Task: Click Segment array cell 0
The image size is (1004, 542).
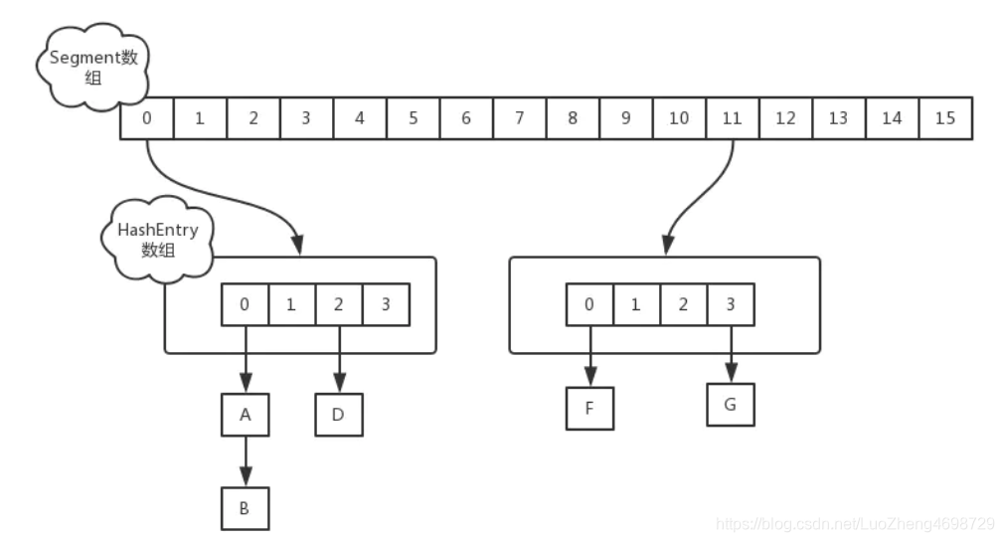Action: click(x=147, y=118)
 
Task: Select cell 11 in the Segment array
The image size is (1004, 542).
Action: click(x=733, y=118)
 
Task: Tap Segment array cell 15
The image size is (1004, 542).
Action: click(x=945, y=118)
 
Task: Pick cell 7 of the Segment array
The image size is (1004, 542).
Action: click(x=519, y=118)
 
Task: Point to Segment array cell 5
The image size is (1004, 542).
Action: click(x=413, y=118)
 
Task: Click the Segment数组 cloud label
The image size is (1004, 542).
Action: click(x=93, y=67)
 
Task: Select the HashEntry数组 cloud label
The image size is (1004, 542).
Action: click(x=157, y=239)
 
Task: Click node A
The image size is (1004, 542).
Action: click(x=246, y=415)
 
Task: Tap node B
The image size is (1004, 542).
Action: click(x=246, y=509)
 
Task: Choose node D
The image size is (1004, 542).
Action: click(x=339, y=415)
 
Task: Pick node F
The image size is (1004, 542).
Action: click(x=589, y=408)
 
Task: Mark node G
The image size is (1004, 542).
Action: click(x=731, y=405)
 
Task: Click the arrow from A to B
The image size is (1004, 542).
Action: click(x=246, y=461)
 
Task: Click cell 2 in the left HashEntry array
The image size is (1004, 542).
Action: click(x=339, y=305)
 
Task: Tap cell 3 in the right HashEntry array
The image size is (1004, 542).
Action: click(x=731, y=305)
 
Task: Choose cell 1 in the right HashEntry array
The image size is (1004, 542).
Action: click(x=636, y=305)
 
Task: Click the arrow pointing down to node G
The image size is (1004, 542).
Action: click(x=731, y=354)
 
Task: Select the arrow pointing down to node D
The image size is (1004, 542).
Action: click(x=339, y=359)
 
